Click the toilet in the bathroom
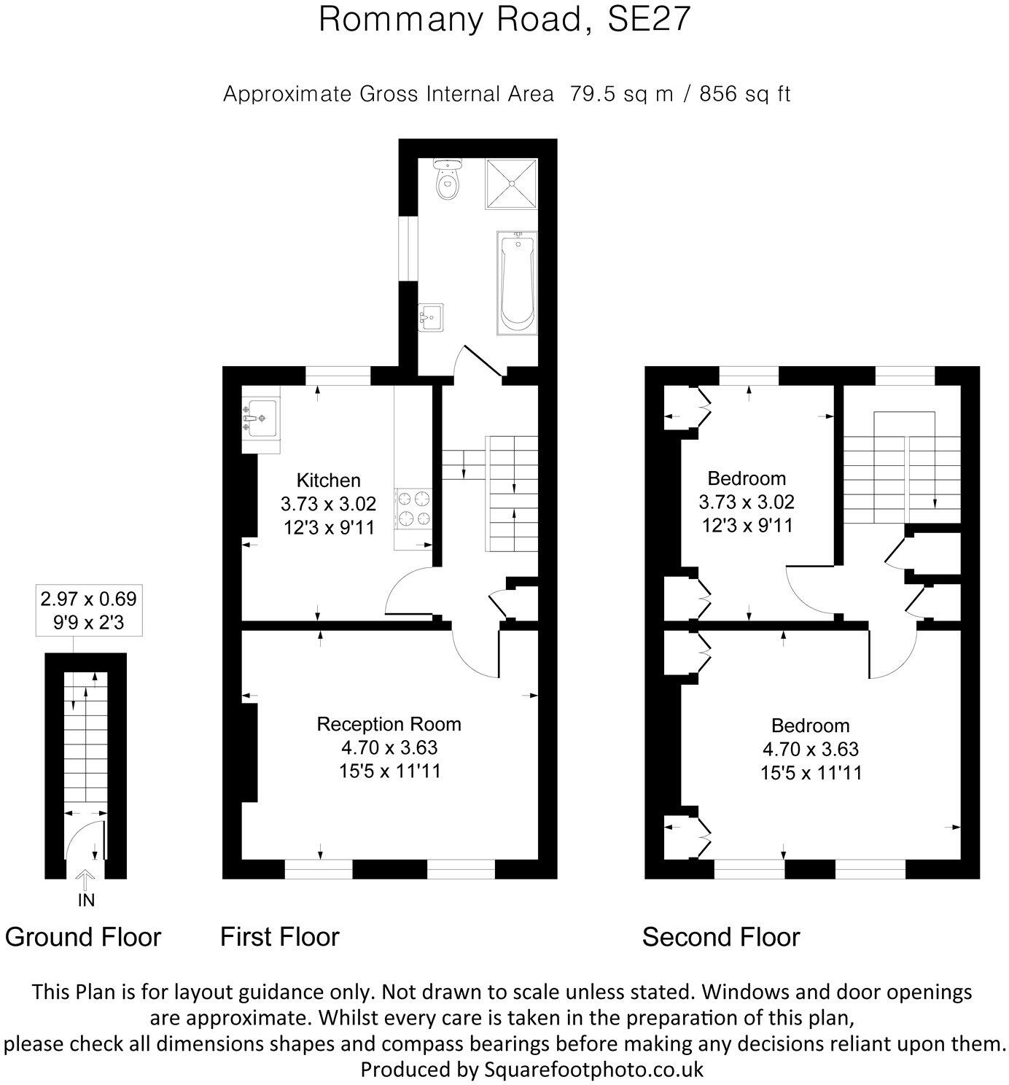(x=447, y=179)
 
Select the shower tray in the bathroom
(x=511, y=184)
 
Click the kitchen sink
(x=260, y=419)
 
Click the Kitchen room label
(x=328, y=481)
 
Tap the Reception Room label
(x=389, y=724)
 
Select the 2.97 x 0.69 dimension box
(x=88, y=610)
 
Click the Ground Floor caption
(x=83, y=937)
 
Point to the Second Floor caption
(x=720, y=937)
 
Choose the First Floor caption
(x=280, y=937)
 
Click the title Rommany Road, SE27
(x=504, y=20)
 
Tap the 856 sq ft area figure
(x=744, y=94)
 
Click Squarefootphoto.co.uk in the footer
(x=594, y=1070)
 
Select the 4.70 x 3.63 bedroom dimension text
(x=810, y=749)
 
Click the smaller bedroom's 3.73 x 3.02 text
(x=747, y=502)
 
